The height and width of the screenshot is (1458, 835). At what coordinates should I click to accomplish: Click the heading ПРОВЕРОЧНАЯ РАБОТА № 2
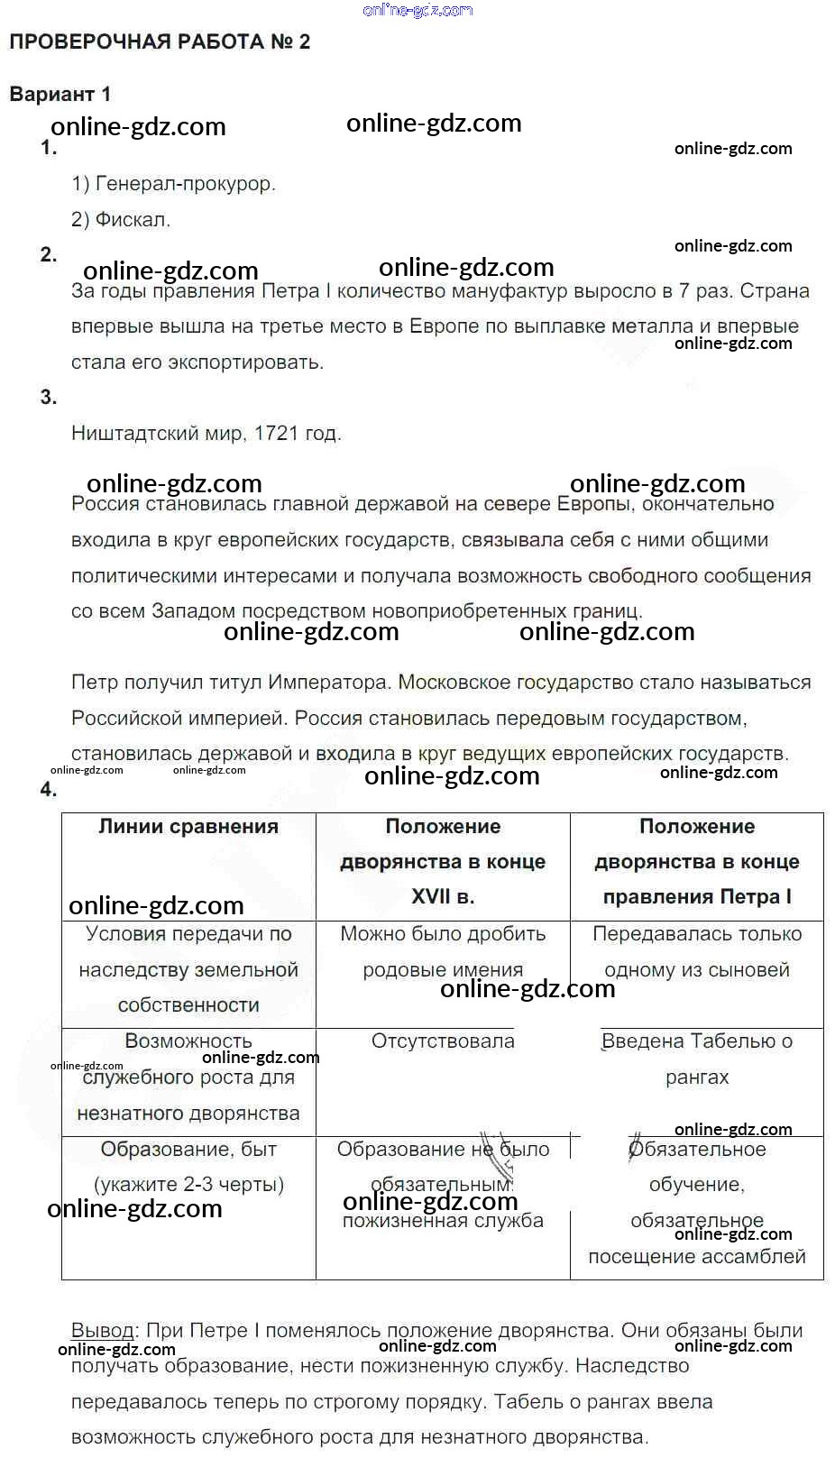click(x=160, y=42)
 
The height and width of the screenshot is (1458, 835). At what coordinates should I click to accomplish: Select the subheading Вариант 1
click(x=60, y=94)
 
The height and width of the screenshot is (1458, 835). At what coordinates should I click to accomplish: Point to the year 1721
click(x=276, y=434)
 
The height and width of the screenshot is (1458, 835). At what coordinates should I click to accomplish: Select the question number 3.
click(x=49, y=398)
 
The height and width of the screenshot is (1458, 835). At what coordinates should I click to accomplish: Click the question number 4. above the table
click(x=49, y=790)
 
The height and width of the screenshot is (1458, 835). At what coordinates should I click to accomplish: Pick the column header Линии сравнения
click(x=188, y=827)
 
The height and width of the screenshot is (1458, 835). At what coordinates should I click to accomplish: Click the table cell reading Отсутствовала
click(x=443, y=1041)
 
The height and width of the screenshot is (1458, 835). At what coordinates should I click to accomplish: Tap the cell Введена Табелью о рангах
click(x=697, y=1059)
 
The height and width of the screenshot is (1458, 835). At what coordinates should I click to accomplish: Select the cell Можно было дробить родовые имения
click(x=443, y=952)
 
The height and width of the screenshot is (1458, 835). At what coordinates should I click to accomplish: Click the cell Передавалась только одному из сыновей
click(x=697, y=952)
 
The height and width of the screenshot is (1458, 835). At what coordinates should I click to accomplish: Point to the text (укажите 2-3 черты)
click(x=188, y=1185)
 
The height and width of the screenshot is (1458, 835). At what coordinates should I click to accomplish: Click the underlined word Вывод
click(x=103, y=1331)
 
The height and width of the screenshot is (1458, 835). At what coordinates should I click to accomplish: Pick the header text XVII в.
click(x=443, y=897)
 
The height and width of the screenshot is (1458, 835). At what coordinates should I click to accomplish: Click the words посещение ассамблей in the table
click(x=697, y=1257)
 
